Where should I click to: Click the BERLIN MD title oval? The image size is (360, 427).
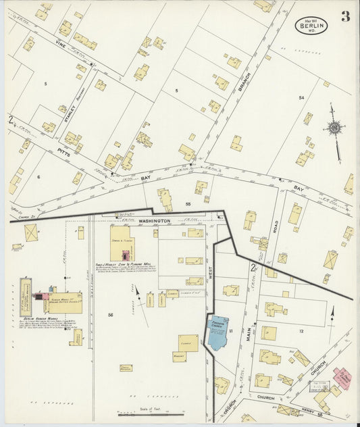[x=311, y=25]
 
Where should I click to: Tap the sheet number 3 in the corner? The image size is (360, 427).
[x=345, y=17]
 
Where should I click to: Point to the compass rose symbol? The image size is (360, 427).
[x=334, y=128]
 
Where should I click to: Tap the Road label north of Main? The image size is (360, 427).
[x=276, y=226]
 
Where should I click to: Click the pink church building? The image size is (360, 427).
[x=343, y=378]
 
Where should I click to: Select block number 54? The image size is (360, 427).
[x=301, y=98]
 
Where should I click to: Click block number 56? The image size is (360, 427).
[x=109, y=315]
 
